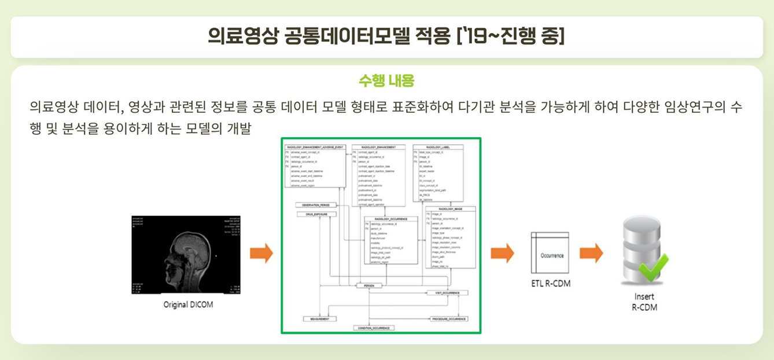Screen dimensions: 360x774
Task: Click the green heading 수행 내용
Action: click(386, 80)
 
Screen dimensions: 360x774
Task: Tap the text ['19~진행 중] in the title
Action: click(510, 36)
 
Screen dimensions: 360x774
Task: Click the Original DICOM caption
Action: click(187, 304)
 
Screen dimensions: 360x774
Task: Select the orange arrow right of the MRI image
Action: click(261, 254)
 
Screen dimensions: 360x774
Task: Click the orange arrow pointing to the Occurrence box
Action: click(502, 254)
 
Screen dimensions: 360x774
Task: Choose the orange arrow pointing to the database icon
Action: click(591, 254)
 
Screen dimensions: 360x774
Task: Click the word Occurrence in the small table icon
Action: click(552, 255)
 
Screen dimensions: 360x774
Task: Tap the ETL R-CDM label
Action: click(550, 284)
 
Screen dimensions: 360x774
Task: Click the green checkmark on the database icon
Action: click(653, 266)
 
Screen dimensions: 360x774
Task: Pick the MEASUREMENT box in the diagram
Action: click(320, 319)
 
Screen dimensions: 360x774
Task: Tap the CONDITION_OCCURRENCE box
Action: click(374, 328)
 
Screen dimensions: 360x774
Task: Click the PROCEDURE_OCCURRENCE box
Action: click(449, 319)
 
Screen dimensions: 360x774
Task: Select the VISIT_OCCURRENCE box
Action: click(447, 293)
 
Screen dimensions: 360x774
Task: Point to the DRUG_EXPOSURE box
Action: click(317, 214)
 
